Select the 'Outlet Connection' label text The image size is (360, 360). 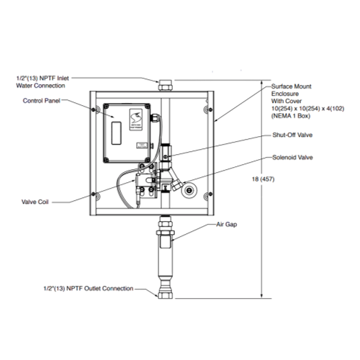[x=109, y=288]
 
